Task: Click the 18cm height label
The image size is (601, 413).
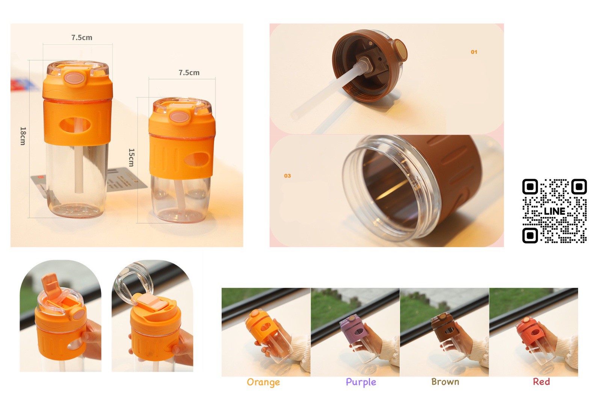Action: pyautogui.click(x=23, y=136)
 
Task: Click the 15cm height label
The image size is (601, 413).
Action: pyautogui.click(x=131, y=157)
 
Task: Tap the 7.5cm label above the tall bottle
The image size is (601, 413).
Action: pyautogui.click(x=82, y=38)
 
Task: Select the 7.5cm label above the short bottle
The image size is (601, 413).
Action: pyautogui.click(x=189, y=73)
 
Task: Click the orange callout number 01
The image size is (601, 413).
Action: pyautogui.click(x=474, y=52)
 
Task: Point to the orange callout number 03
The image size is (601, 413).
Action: pyautogui.click(x=287, y=176)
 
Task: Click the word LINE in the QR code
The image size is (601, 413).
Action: pyautogui.click(x=554, y=211)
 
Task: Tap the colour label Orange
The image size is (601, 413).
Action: pyautogui.click(x=263, y=382)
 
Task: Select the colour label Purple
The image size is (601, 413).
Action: pyautogui.click(x=361, y=382)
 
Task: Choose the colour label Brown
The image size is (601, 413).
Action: pyautogui.click(x=445, y=381)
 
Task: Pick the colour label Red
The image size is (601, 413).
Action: pyautogui.click(x=541, y=381)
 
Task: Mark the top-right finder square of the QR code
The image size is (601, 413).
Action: pyautogui.click(x=579, y=187)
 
